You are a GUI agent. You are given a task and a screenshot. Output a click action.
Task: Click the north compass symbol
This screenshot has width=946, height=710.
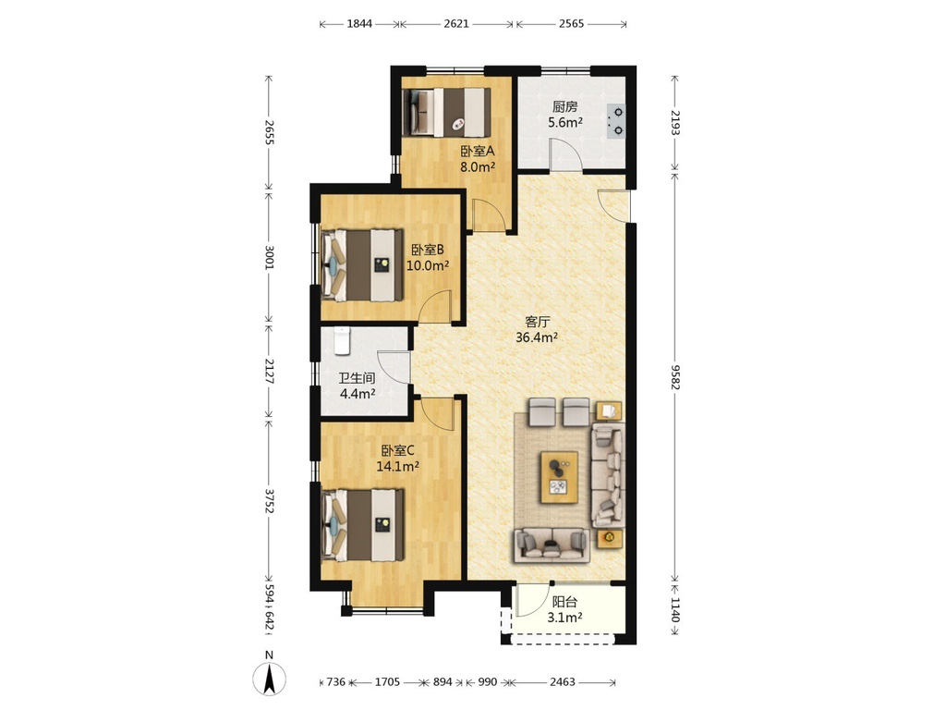click(x=269, y=676)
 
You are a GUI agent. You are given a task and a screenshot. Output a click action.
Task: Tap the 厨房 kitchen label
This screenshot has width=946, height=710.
click(x=565, y=107)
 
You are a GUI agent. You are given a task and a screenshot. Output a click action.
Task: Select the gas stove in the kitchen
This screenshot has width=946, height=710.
click(x=616, y=121)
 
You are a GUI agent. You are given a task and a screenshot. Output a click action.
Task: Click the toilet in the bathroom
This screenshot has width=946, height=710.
click(x=342, y=341)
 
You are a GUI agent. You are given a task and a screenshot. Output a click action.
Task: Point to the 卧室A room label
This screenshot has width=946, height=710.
click(x=478, y=151)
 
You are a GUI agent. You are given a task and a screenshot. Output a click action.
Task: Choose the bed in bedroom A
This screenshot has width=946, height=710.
click(x=446, y=113)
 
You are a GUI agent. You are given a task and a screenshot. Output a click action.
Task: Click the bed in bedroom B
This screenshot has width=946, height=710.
click(x=362, y=264)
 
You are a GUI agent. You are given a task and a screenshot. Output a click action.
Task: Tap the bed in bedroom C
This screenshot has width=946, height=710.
click(x=362, y=525)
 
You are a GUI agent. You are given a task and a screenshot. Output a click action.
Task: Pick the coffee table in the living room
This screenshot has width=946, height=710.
click(x=559, y=477)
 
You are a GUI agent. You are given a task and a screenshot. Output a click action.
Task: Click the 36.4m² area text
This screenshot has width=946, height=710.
click(x=537, y=337)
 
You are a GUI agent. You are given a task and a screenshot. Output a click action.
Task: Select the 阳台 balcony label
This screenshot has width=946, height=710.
click(x=564, y=602)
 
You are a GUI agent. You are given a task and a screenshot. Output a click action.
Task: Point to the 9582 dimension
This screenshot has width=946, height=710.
click(x=675, y=377)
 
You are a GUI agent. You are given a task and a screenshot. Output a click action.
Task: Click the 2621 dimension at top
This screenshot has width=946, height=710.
click(x=456, y=23)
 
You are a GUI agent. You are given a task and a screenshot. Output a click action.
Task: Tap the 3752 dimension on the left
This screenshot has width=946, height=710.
click(x=269, y=500)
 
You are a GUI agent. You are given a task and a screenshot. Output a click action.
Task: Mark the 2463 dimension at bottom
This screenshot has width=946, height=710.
click(x=563, y=681)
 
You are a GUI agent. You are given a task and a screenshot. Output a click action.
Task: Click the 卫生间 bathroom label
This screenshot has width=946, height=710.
click(x=357, y=378)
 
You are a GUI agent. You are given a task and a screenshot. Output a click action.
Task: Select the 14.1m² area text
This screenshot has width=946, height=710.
click(x=397, y=466)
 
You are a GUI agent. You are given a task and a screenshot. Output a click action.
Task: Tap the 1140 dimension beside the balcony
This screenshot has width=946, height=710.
click(x=675, y=610)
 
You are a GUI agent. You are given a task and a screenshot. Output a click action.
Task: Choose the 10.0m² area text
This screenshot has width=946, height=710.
click(x=428, y=265)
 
